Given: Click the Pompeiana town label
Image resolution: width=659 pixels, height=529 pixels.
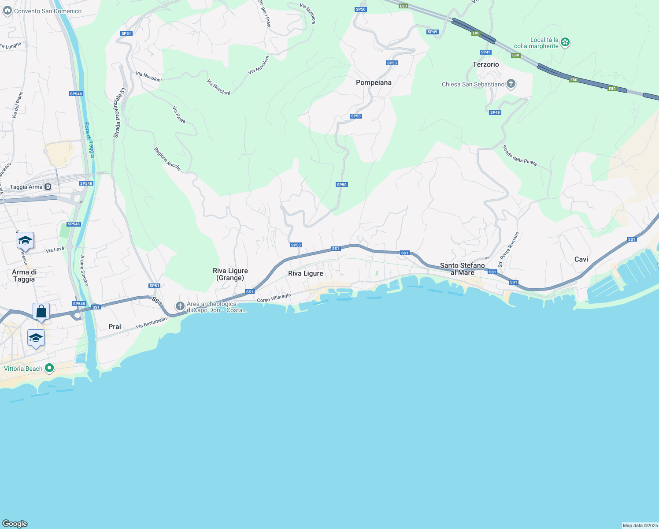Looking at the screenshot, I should click(374, 82).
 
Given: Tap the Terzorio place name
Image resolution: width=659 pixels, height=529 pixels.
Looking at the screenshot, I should click(485, 64).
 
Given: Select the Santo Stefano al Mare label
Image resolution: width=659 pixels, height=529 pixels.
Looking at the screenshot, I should click(463, 269).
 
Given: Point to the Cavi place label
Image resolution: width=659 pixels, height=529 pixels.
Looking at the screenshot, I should click(581, 259).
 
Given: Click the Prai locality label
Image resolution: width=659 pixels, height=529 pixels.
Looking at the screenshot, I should click(115, 327).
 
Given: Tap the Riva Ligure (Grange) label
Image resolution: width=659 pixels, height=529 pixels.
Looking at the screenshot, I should click(230, 274).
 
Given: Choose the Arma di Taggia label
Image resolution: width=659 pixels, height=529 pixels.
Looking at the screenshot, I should click(24, 276).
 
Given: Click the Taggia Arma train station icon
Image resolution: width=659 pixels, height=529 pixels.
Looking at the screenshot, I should click(48, 187).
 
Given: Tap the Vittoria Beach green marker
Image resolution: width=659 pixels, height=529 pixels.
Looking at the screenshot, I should click(49, 368).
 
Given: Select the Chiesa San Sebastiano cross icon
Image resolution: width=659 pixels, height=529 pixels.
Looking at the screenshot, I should click(511, 84).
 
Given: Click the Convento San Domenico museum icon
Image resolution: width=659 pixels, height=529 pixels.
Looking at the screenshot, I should click(7, 11).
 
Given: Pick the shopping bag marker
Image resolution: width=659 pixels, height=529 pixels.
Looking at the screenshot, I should click(41, 311).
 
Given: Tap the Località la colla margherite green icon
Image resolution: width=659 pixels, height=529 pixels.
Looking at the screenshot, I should click(565, 42).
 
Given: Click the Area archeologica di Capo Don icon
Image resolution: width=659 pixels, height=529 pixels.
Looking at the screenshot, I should click(180, 306).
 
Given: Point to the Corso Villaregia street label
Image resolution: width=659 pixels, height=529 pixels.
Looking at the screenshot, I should click(274, 298).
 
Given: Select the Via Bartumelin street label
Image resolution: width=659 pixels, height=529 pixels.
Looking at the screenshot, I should click(152, 323).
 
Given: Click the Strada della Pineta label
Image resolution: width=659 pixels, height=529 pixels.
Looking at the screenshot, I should click(520, 156).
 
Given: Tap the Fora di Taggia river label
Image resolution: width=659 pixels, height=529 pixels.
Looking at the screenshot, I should click(89, 140).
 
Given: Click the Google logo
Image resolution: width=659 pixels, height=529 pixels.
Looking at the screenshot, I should click(15, 523).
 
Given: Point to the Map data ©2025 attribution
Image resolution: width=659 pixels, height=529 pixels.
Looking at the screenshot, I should click(640, 525).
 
